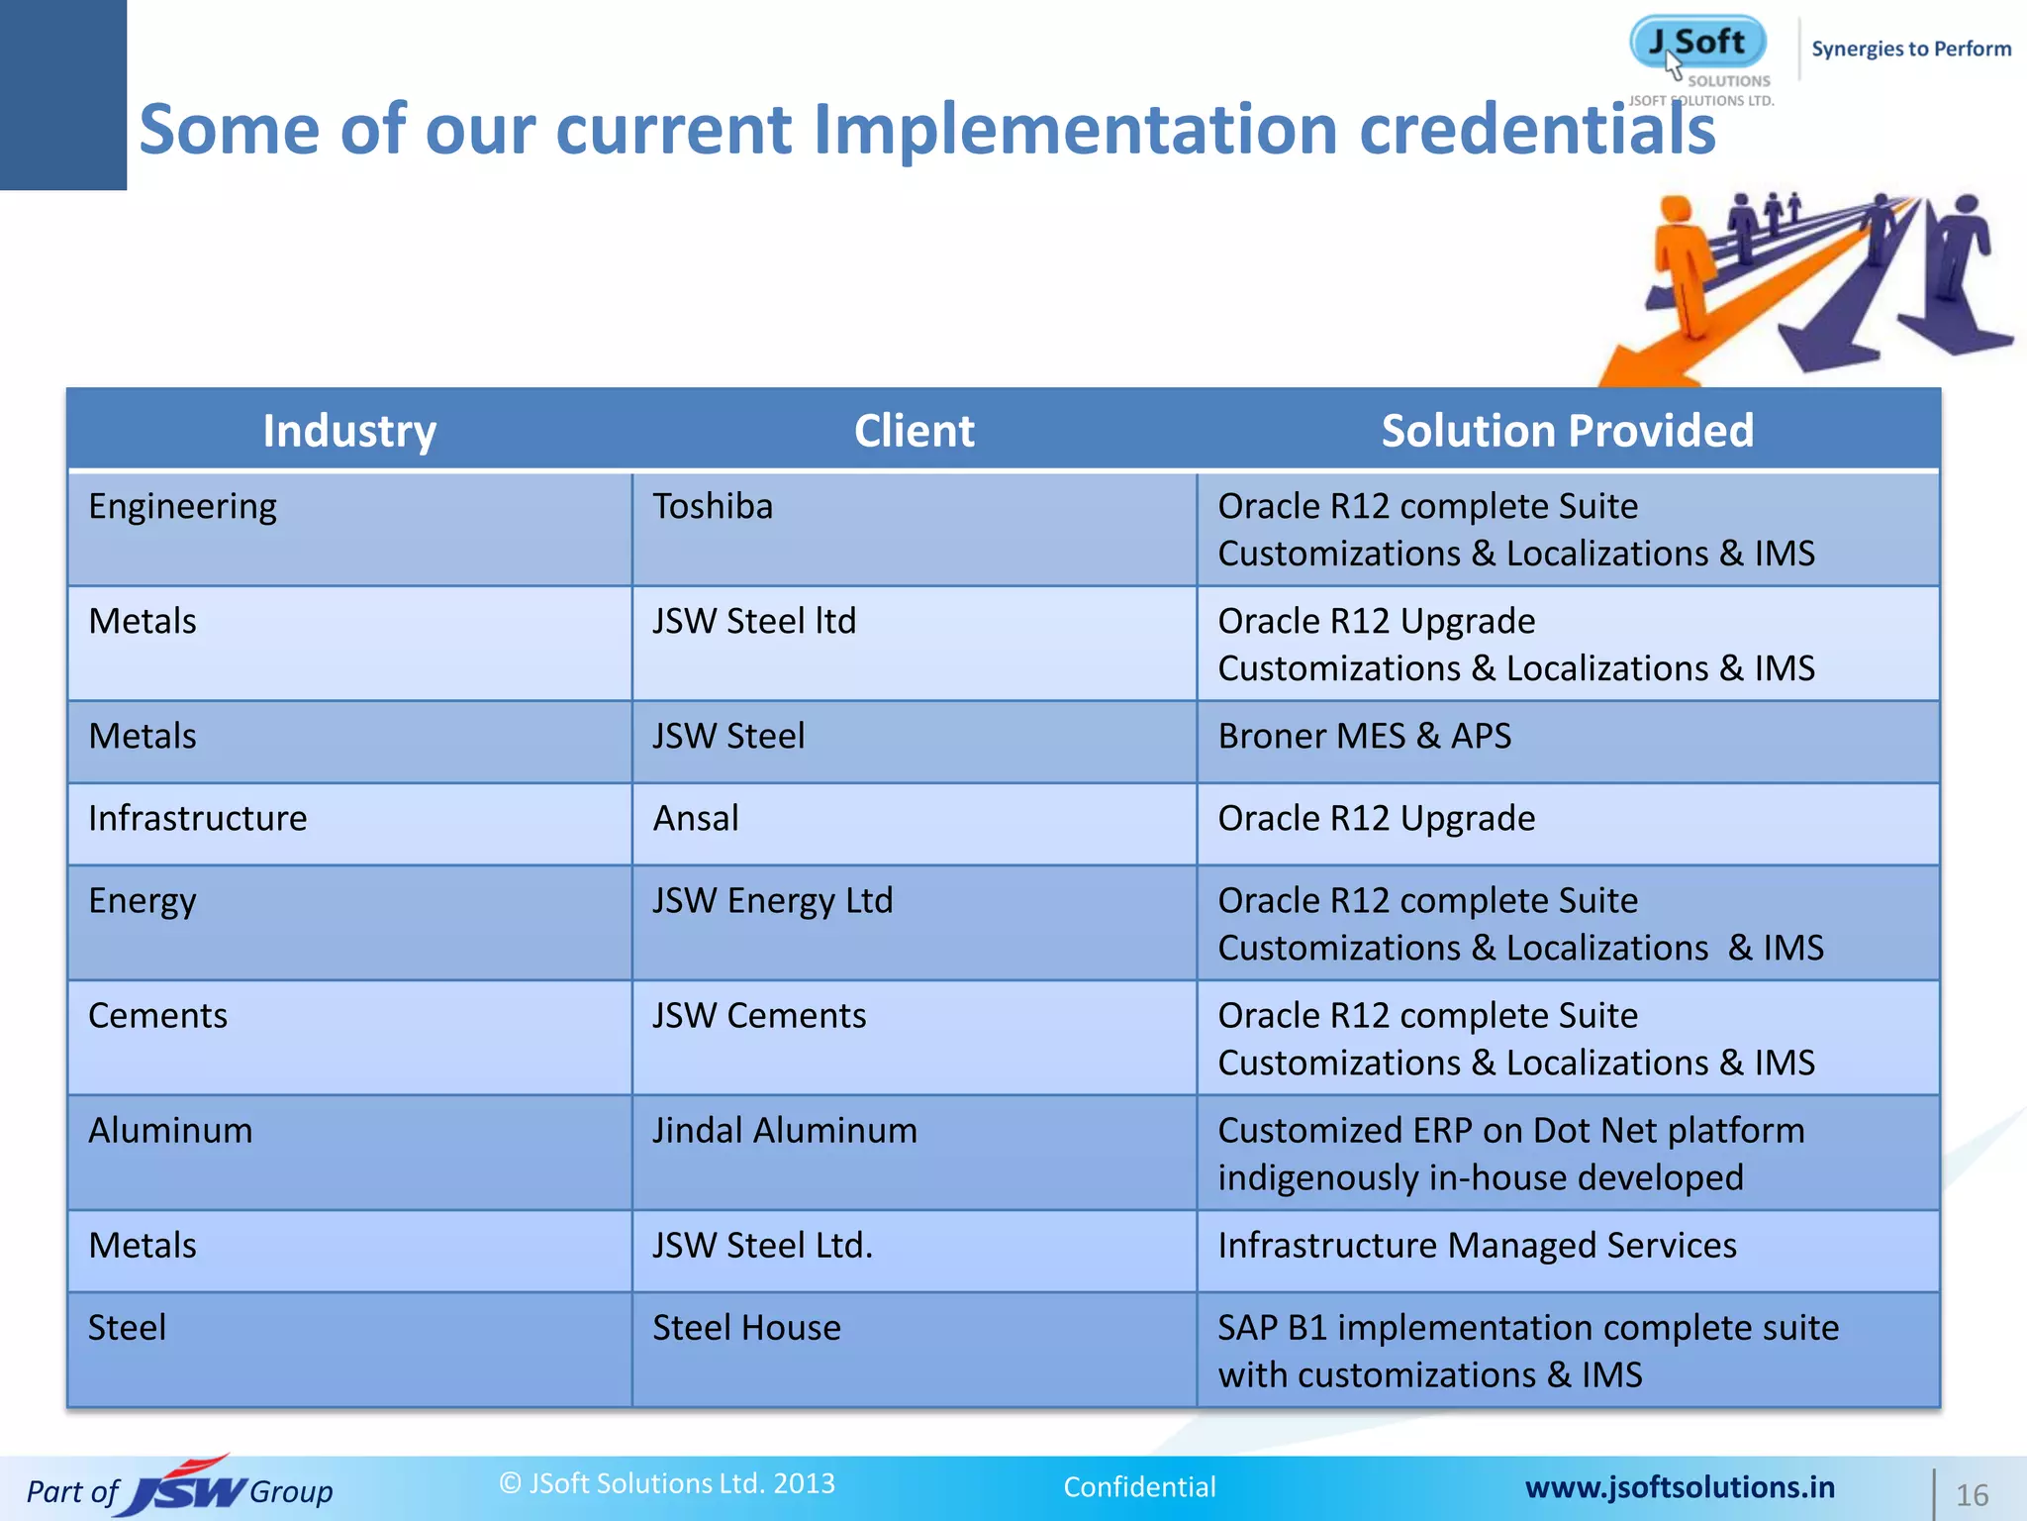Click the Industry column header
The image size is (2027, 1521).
tap(349, 431)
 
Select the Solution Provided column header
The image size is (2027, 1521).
tap(1567, 431)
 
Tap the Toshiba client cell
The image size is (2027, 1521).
tap(713, 507)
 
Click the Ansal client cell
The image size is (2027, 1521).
tap(696, 819)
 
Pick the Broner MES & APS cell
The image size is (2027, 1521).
tap(1365, 737)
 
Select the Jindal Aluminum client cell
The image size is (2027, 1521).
tap(785, 1131)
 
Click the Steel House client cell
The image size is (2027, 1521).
tap(746, 1328)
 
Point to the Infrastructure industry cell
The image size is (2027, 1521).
tap(198, 819)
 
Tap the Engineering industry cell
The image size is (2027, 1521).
tap(183, 507)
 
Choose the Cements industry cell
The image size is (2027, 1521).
tap(158, 1016)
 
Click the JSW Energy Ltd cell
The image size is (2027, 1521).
tap(773, 901)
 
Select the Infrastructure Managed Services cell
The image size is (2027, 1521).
tap(1477, 1246)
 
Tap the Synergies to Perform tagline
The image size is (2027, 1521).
tap(1910, 50)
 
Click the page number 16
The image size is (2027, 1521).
tap(1972, 1495)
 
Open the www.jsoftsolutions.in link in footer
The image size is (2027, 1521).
tap(1680, 1487)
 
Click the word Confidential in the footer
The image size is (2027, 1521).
tap(1139, 1487)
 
